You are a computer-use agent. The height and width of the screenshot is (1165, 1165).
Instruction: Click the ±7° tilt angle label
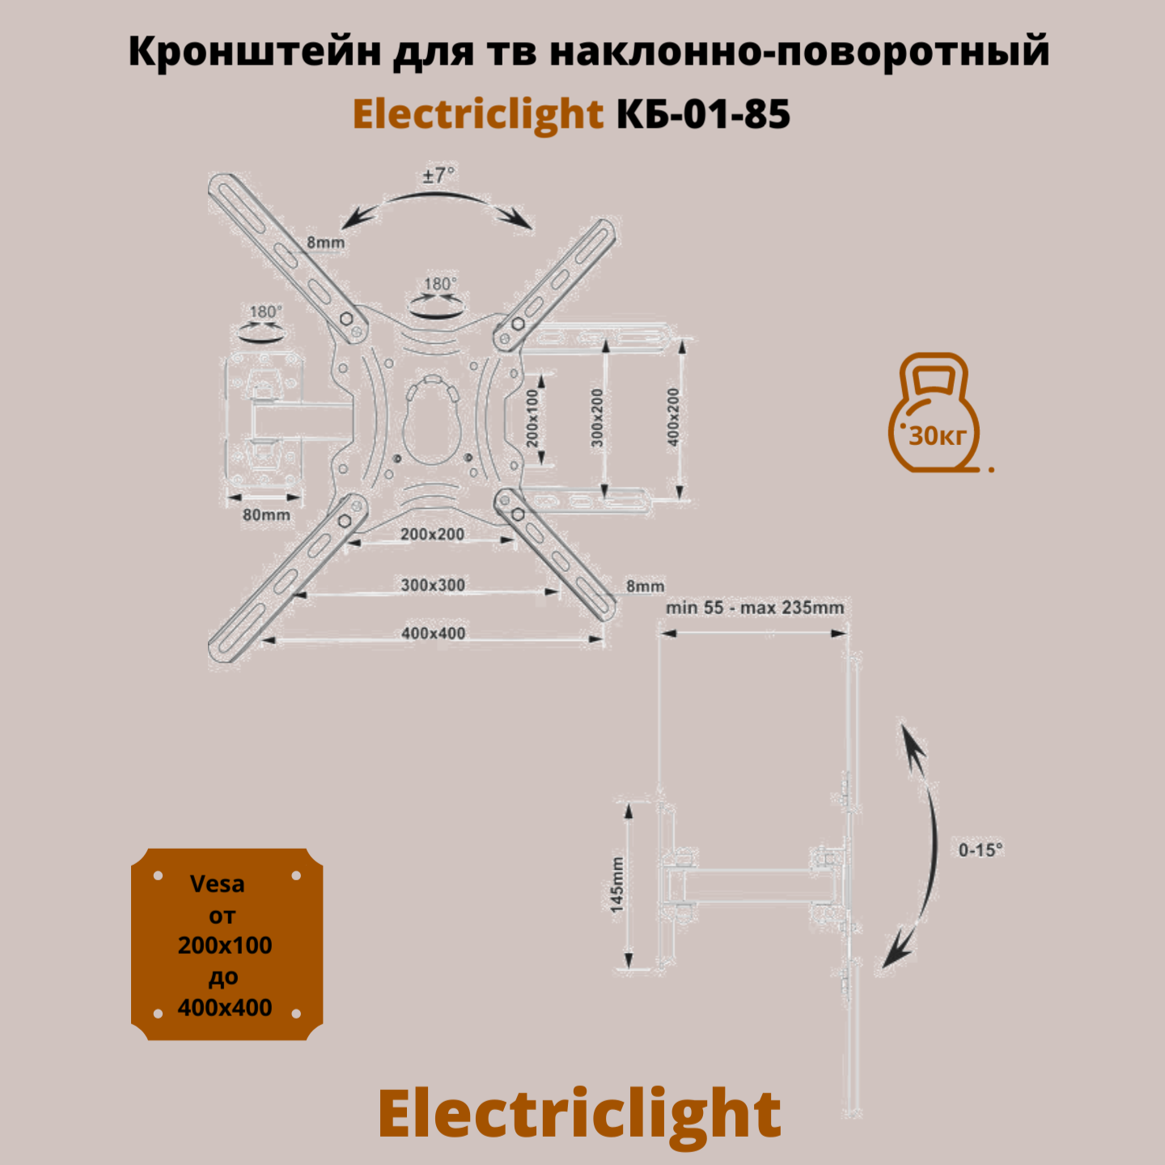[438, 175]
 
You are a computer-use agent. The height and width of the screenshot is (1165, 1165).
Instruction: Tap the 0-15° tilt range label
[981, 849]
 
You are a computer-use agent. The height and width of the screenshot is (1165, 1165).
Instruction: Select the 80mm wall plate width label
[266, 515]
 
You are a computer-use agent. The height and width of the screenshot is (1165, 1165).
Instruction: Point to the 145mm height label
[617, 884]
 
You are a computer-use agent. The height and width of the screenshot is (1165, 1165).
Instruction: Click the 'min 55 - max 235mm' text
[755, 608]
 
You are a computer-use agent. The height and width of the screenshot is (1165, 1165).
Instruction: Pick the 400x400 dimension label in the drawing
[433, 633]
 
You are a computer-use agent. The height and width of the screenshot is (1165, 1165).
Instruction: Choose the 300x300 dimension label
[433, 585]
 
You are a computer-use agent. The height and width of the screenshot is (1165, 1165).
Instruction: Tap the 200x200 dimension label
[432, 534]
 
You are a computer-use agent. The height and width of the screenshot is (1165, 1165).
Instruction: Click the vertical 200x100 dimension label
[532, 417]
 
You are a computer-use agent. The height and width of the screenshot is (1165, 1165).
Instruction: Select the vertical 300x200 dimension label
[597, 417]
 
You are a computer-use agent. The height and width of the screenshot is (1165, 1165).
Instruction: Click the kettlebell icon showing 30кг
[934, 413]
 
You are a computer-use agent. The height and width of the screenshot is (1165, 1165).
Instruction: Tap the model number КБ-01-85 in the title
[703, 114]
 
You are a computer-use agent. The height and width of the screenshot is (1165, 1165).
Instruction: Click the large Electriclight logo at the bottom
[579, 1114]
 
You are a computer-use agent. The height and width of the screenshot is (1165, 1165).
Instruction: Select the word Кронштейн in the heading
[255, 52]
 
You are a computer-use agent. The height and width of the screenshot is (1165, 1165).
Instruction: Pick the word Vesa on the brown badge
[217, 883]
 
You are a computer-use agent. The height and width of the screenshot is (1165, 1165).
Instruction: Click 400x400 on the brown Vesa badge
[225, 1007]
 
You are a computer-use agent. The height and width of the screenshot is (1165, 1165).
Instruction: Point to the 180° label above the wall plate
[265, 311]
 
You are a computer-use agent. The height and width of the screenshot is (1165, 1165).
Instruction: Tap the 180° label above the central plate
[440, 284]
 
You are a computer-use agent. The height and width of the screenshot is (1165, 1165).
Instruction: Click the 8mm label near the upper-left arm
[325, 242]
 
